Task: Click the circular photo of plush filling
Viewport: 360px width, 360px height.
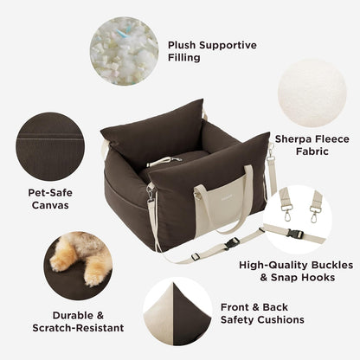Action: coord(124,51)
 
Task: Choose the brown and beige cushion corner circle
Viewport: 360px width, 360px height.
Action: coord(177,311)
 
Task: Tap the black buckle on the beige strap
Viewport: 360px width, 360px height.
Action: coord(234,243)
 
